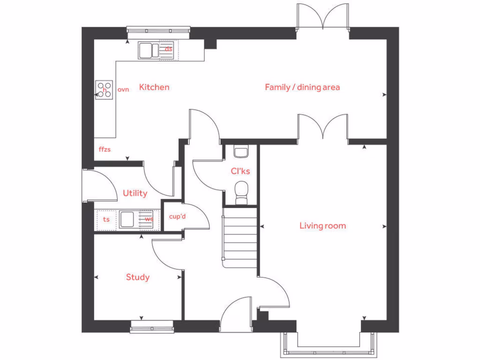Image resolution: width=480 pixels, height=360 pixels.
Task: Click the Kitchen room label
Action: click(x=154, y=87)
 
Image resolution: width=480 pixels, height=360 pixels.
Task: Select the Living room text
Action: click(x=322, y=226)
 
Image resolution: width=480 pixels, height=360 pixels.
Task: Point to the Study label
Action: click(x=138, y=277)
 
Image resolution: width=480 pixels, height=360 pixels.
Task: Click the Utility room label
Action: click(x=135, y=193)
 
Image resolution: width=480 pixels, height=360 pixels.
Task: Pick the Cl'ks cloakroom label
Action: click(x=240, y=171)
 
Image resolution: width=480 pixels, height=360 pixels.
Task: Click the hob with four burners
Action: click(x=104, y=90)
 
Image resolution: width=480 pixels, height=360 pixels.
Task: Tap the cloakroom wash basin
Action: click(x=241, y=152)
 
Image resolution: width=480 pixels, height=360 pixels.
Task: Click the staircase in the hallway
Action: click(x=240, y=239)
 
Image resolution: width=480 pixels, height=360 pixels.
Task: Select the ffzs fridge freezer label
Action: click(x=105, y=150)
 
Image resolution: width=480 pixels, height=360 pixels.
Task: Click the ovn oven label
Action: click(x=123, y=89)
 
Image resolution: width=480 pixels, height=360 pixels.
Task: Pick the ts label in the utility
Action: click(x=106, y=219)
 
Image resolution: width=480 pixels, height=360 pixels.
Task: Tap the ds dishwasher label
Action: click(x=168, y=48)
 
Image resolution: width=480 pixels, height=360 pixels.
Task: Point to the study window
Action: click(x=151, y=327)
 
